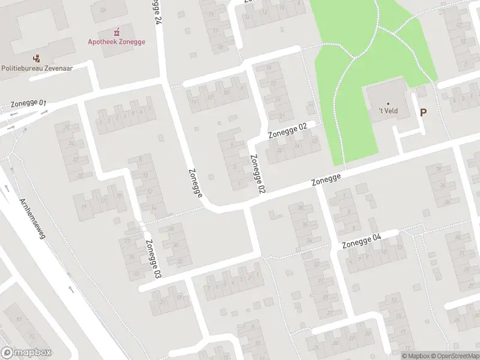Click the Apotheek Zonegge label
click(116, 42)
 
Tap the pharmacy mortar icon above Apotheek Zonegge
click(116, 31)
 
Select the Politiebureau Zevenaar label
click(37, 68)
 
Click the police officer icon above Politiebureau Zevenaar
click(37, 58)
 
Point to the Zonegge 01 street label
click(28, 104)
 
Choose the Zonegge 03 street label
click(153, 258)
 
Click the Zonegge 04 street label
click(362, 241)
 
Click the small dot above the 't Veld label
click(388, 103)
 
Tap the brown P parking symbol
click(424, 112)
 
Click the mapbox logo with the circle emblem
click(26, 353)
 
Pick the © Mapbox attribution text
click(415, 356)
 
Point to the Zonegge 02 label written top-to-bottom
click(257, 174)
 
